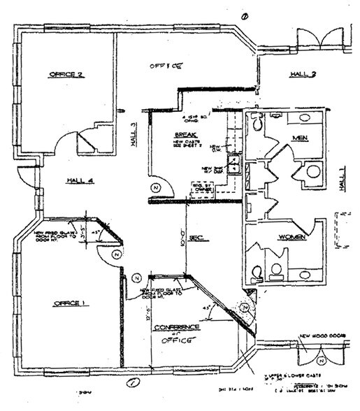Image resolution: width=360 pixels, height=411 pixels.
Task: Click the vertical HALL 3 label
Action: tap(133, 131)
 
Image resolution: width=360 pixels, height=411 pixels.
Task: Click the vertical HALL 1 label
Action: tap(342, 178)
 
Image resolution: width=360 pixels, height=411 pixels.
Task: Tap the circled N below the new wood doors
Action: tap(319, 360)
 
